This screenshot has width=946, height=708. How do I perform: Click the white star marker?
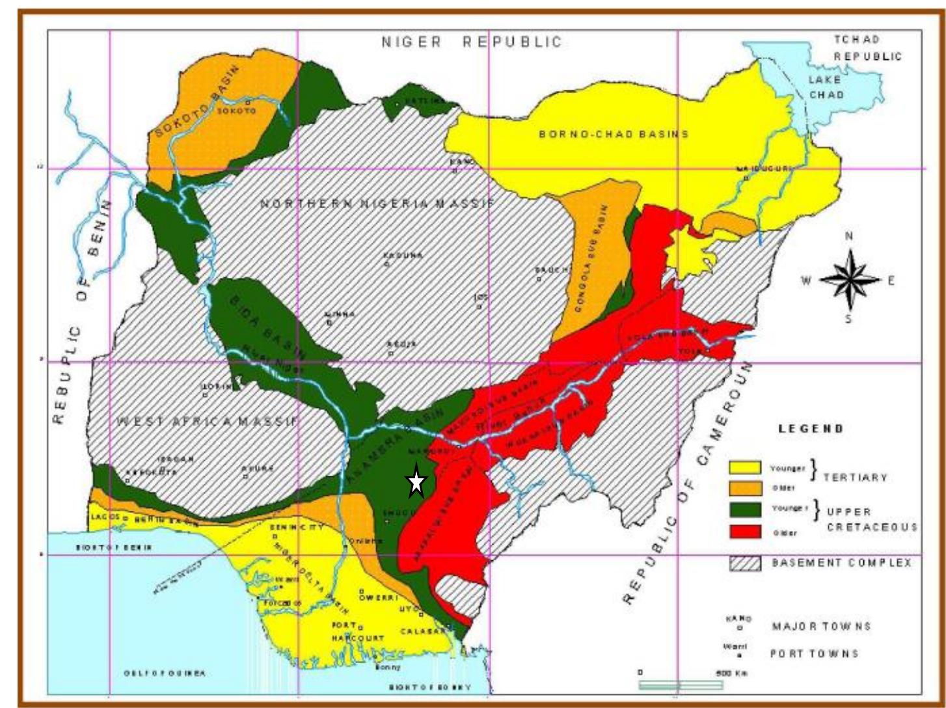click(x=416, y=482)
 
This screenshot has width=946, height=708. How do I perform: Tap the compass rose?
click(x=849, y=280)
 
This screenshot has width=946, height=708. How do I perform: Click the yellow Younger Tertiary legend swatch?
click(x=745, y=468)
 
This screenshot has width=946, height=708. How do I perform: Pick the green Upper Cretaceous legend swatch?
click(x=745, y=509)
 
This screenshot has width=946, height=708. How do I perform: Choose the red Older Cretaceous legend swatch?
click(x=745, y=531)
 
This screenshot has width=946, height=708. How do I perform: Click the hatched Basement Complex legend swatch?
click(x=745, y=563)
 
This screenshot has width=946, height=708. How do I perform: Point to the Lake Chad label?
click(x=826, y=87)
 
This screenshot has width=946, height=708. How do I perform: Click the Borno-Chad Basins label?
click(x=614, y=134)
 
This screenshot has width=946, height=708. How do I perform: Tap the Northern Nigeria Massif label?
click(x=377, y=204)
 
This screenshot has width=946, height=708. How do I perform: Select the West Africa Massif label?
click(x=207, y=422)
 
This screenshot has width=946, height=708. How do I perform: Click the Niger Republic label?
click(x=472, y=42)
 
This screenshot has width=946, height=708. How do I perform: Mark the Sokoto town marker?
click(x=247, y=102)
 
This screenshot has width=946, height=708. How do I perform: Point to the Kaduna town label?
click(x=403, y=255)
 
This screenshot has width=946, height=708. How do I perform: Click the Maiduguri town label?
click(x=765, y=169)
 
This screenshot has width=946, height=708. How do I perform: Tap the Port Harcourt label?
click(x=357, y=631)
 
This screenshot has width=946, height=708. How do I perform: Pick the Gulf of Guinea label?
click(x=164, y=674)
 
